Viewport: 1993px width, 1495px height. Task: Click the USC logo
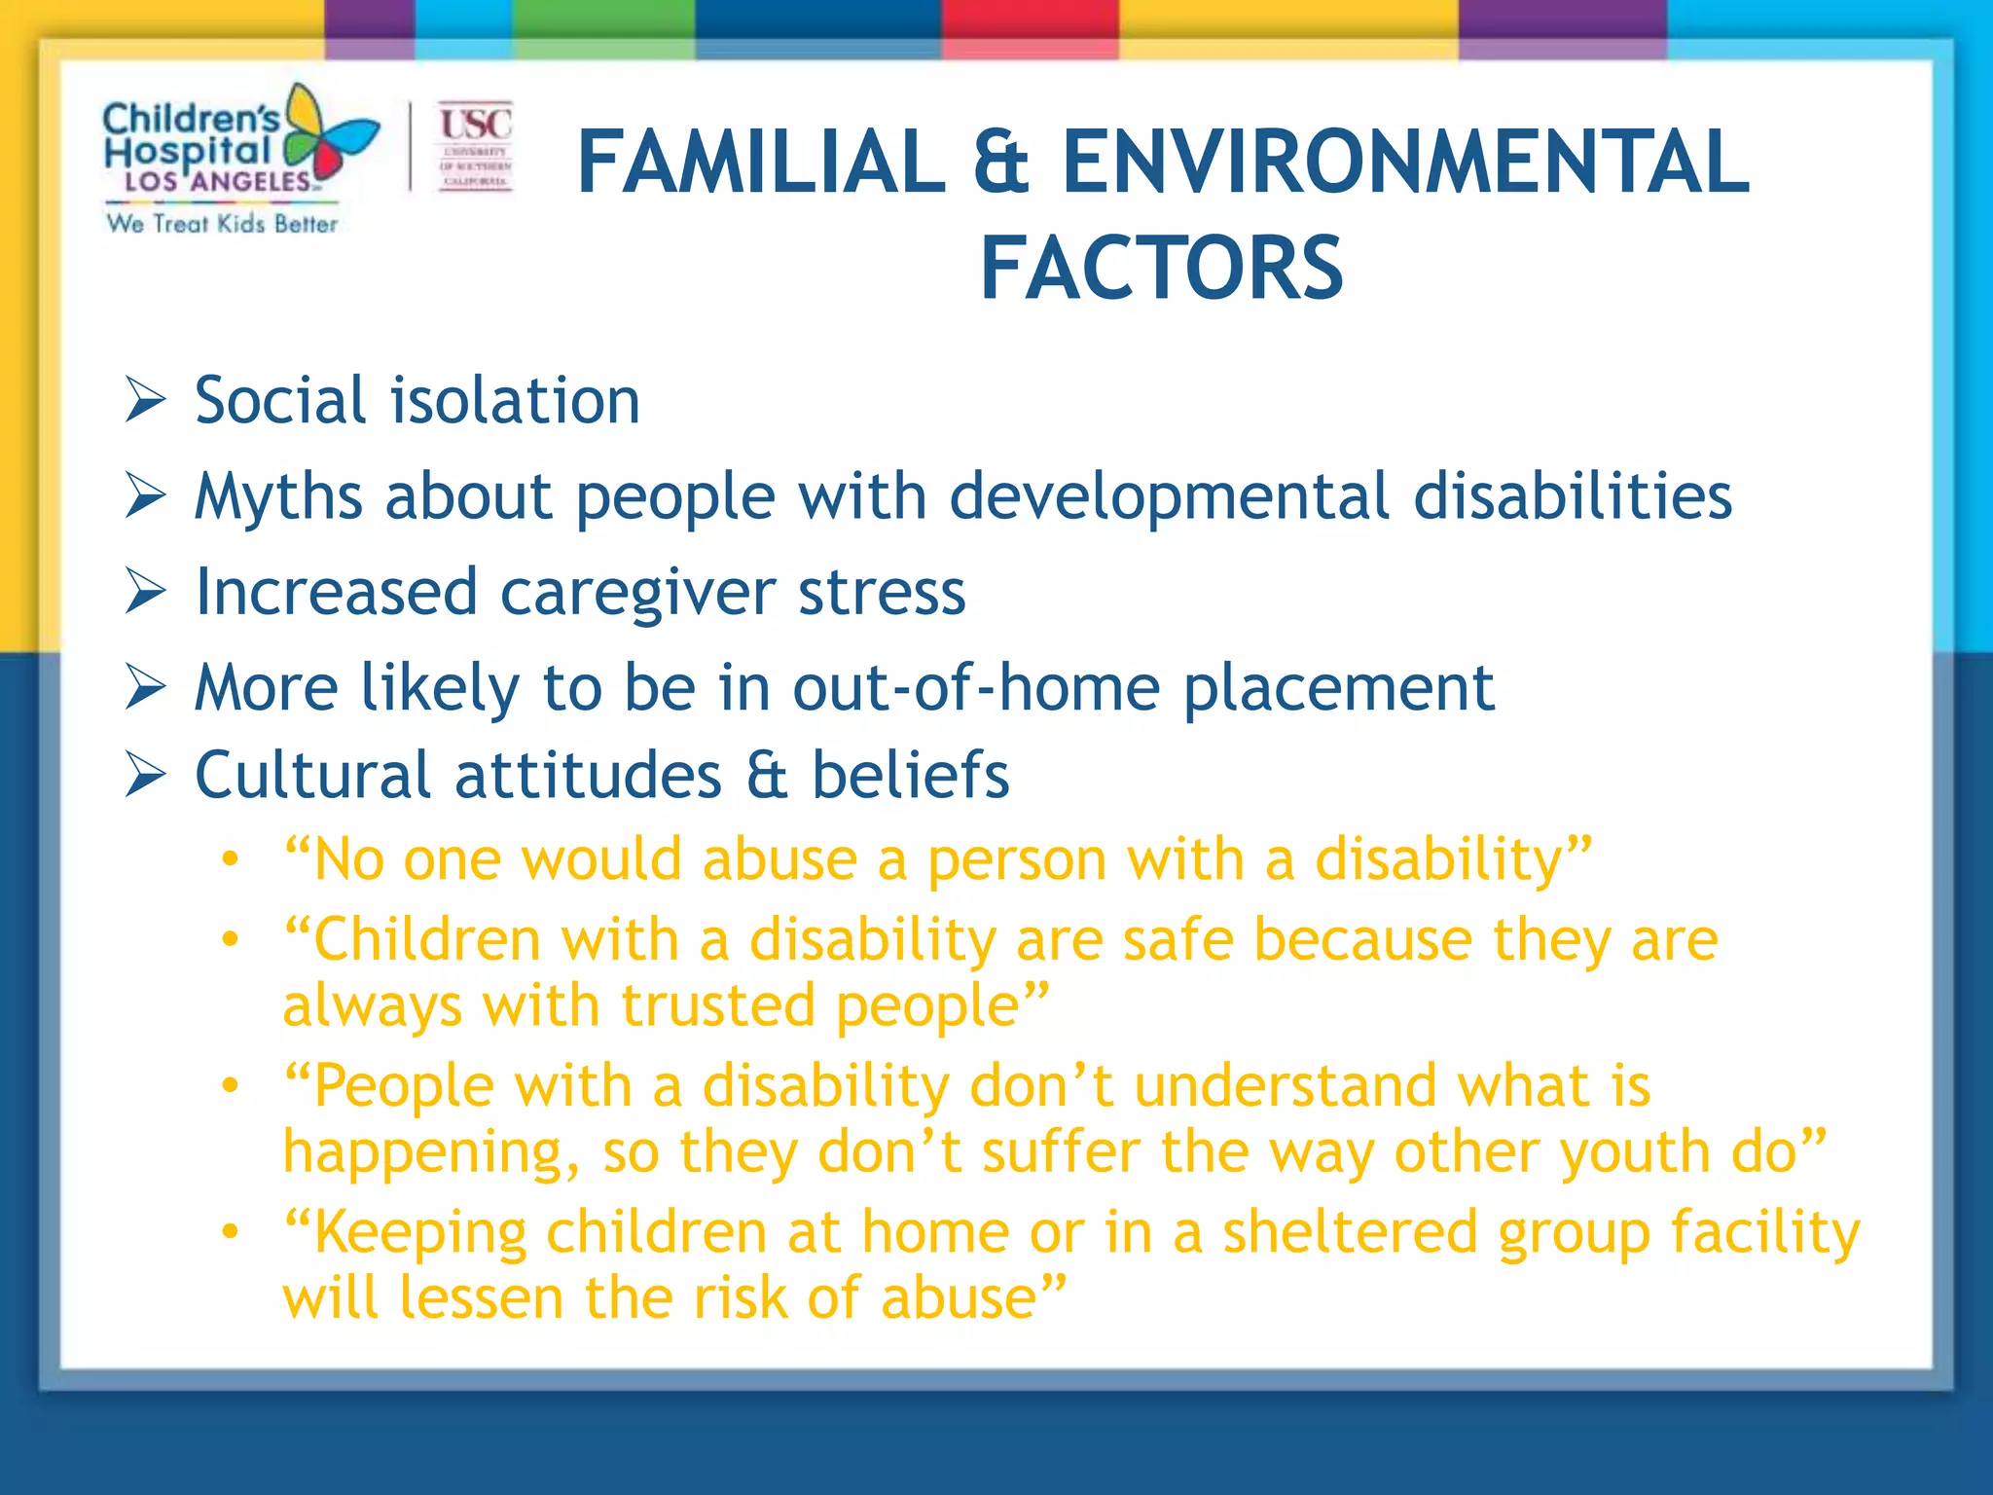pyautogui.click(x=475, y=146)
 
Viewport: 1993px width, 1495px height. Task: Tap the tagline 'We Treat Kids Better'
pyautogui.click(x=222, y=224)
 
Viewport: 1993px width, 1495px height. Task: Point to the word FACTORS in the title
pyautogui.click(x=1161, y=269)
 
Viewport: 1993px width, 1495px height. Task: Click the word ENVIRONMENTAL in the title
pyautogui.click(x=1405, y=163)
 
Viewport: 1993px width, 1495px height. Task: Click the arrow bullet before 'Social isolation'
pyautogui.click(x=146, y=400)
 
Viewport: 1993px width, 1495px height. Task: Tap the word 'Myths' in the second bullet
pyautogui.click(x=278, y=497)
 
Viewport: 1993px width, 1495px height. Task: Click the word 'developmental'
pyautogui.click(x=1169, y=497)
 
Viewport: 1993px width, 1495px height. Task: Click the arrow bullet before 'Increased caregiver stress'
pyautogui.click(x=146, y=592)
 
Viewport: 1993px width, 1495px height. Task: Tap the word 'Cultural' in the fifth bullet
pyautogui.click(x=312, y=775)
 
